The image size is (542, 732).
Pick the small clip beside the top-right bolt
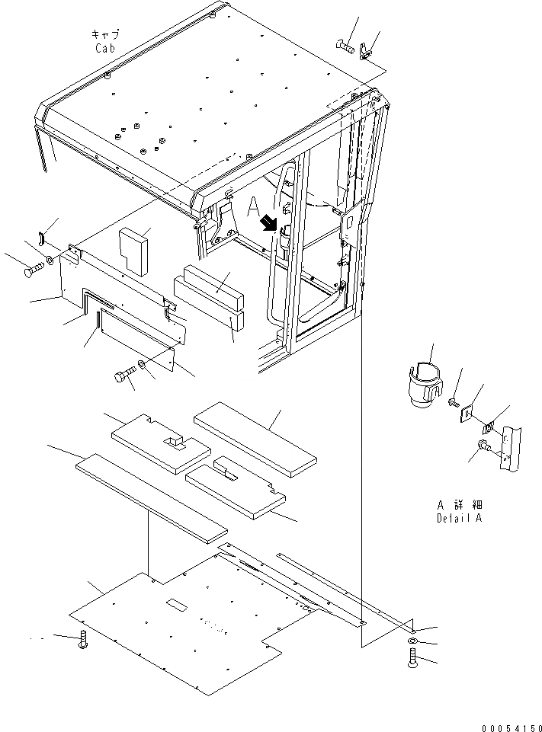tap(367, 52)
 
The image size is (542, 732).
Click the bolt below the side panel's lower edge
tap(123, 376)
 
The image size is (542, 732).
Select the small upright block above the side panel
tap(136, 251)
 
